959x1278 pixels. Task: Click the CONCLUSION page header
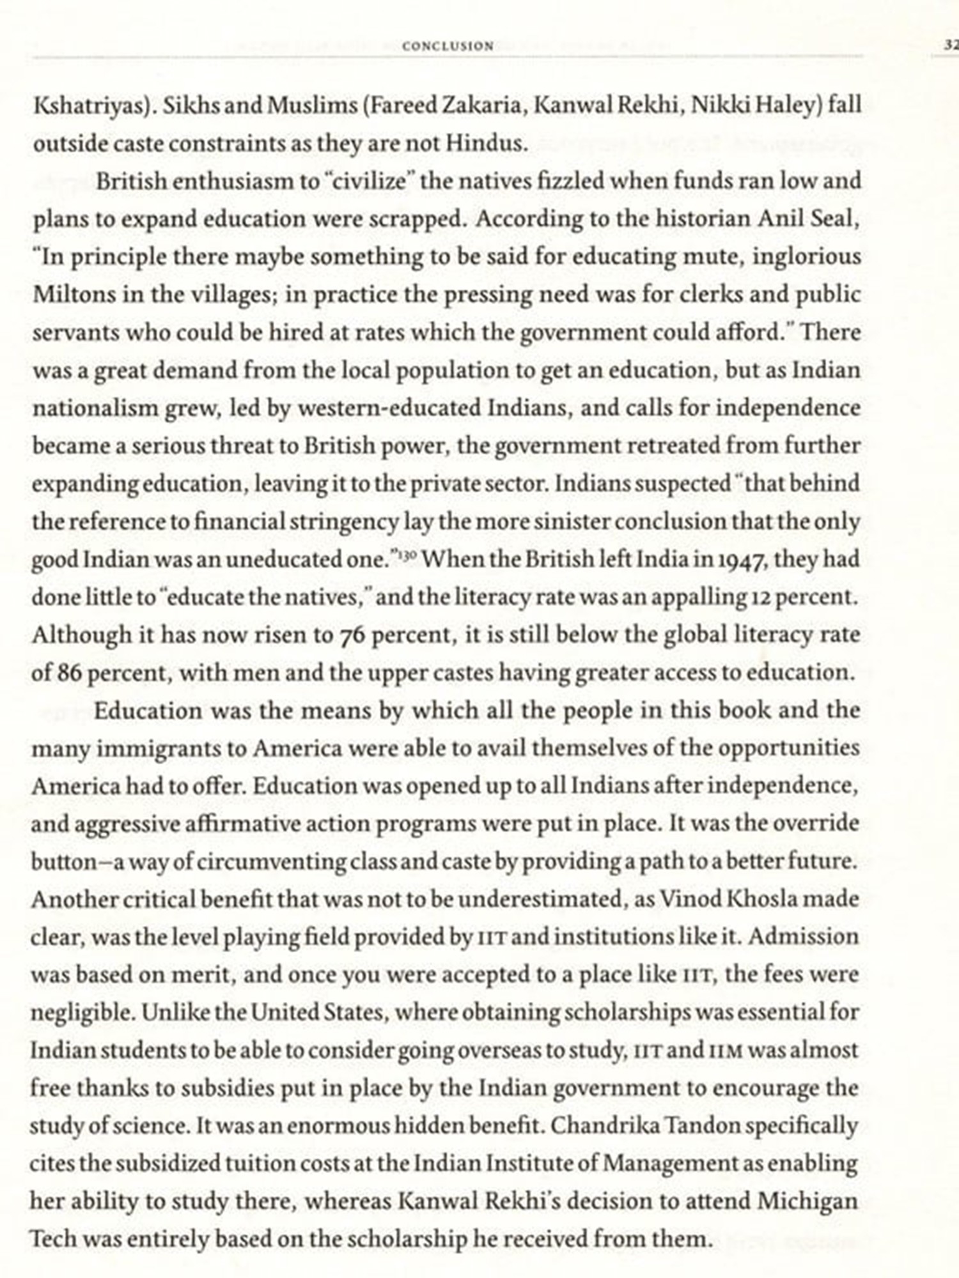coord(448,46)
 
